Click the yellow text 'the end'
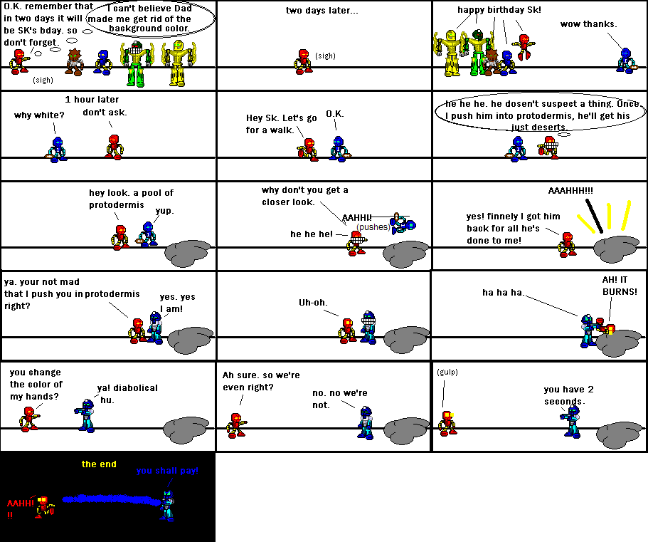99,464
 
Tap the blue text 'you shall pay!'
167,471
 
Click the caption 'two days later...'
322,11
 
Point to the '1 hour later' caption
92,99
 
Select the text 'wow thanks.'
588,24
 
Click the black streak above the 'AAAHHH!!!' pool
594,216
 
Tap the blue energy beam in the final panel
112,500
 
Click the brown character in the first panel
75,62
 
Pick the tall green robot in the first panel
137,63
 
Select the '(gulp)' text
447,372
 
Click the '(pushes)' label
373,226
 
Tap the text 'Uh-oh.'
313,303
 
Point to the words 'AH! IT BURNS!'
620,286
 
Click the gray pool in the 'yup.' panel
189,254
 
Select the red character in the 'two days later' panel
303,62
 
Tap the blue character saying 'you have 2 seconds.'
572,421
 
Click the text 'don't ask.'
105,113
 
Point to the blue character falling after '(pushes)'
402,224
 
